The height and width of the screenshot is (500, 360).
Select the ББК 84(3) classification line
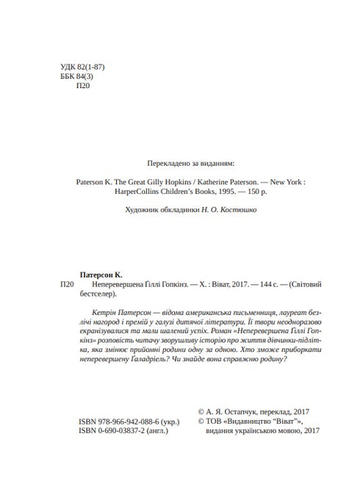[82, 79]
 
